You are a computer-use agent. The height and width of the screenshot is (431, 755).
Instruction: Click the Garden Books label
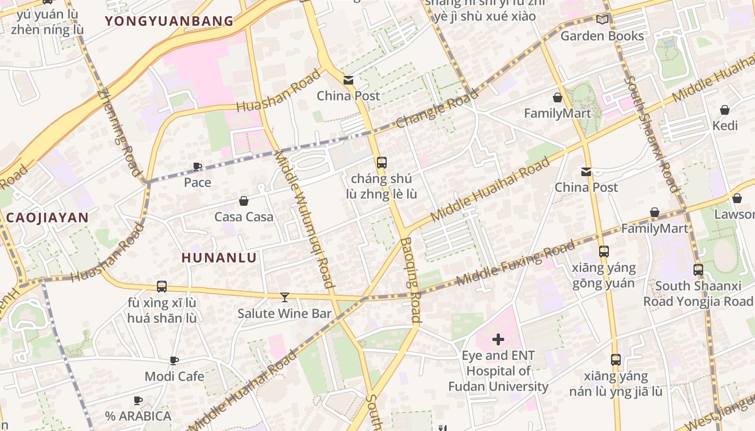click(x=602, y=36)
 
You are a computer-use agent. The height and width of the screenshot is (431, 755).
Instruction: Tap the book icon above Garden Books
click(x=602, y=20)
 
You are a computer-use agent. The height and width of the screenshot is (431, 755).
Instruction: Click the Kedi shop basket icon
click(x=724, y=110)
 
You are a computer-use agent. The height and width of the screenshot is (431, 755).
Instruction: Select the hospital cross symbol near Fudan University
click(x=498, y=339)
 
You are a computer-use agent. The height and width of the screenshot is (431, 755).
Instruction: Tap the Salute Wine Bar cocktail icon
click(x=284, y=297)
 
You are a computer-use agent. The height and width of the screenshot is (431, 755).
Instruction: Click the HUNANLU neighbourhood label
click(x=219, y=258)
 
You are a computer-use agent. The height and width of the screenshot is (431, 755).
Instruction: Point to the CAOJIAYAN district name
click(x=47, y=218)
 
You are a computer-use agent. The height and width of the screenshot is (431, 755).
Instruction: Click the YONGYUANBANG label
click(x=169, y=22)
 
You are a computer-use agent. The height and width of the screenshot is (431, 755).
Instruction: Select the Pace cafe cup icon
click(x=197, y=166)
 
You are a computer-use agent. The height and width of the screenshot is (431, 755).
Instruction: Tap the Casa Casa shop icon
click(x=244, y=201)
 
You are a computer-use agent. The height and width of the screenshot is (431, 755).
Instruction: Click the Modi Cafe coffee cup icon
click(x=174, y=360)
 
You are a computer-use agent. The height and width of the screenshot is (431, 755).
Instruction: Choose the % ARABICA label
click(x=138, y=416)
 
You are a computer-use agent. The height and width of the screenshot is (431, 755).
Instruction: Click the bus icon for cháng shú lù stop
click(x=381, y=162)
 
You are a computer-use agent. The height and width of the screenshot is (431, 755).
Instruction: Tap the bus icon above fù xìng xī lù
click(x=161, y=287)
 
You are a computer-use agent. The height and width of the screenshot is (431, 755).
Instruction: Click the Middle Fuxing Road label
click(x=516, y=263)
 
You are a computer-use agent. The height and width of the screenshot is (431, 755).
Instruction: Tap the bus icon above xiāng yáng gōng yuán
click(x=603, y=252)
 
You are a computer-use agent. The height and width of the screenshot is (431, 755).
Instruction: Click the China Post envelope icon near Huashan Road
click(x=348, y=80)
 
